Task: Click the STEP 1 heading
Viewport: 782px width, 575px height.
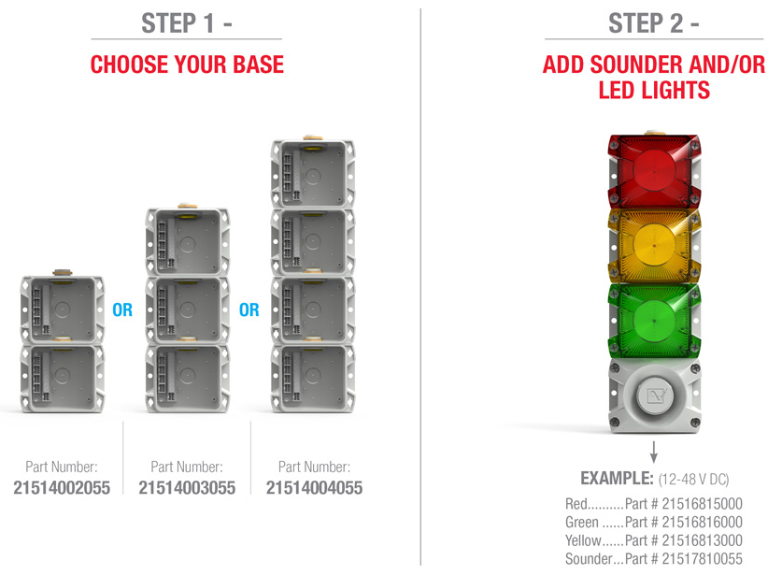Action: (187, 23)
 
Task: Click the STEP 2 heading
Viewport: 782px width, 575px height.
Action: (653, 23)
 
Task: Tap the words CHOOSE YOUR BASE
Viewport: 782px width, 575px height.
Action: (187, 65)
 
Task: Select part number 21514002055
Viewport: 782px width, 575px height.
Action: (62, 488)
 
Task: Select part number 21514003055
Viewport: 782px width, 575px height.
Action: (187, 488)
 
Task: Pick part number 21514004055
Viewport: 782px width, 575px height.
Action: (314, 488)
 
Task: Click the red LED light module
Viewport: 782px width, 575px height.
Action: (654, 171)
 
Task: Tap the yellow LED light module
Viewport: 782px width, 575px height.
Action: (654, 246)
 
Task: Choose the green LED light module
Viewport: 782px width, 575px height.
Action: (654, 321)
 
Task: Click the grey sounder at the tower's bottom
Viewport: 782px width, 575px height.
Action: (654, 395)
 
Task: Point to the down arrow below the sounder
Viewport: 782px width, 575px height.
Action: (654, 452)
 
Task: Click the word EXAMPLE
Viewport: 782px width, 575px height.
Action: (617, 478)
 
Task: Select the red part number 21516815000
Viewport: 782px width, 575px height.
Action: (703, 504)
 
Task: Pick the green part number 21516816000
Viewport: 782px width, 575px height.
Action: (703, 522)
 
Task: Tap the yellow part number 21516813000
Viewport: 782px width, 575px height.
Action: (703, 540)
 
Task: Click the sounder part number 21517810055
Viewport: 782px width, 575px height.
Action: (703, 559)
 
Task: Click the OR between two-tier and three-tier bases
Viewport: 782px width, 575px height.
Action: (122, 310)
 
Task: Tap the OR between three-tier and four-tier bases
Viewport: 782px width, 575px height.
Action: (249, 310)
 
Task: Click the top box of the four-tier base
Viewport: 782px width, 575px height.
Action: (313, 173)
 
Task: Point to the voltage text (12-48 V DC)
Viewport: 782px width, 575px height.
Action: (694, 480)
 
